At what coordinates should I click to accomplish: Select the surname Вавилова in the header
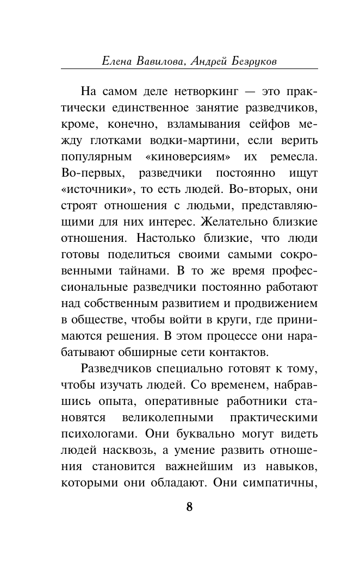click(162, 61)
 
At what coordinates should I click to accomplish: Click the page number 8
click(189, 507)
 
